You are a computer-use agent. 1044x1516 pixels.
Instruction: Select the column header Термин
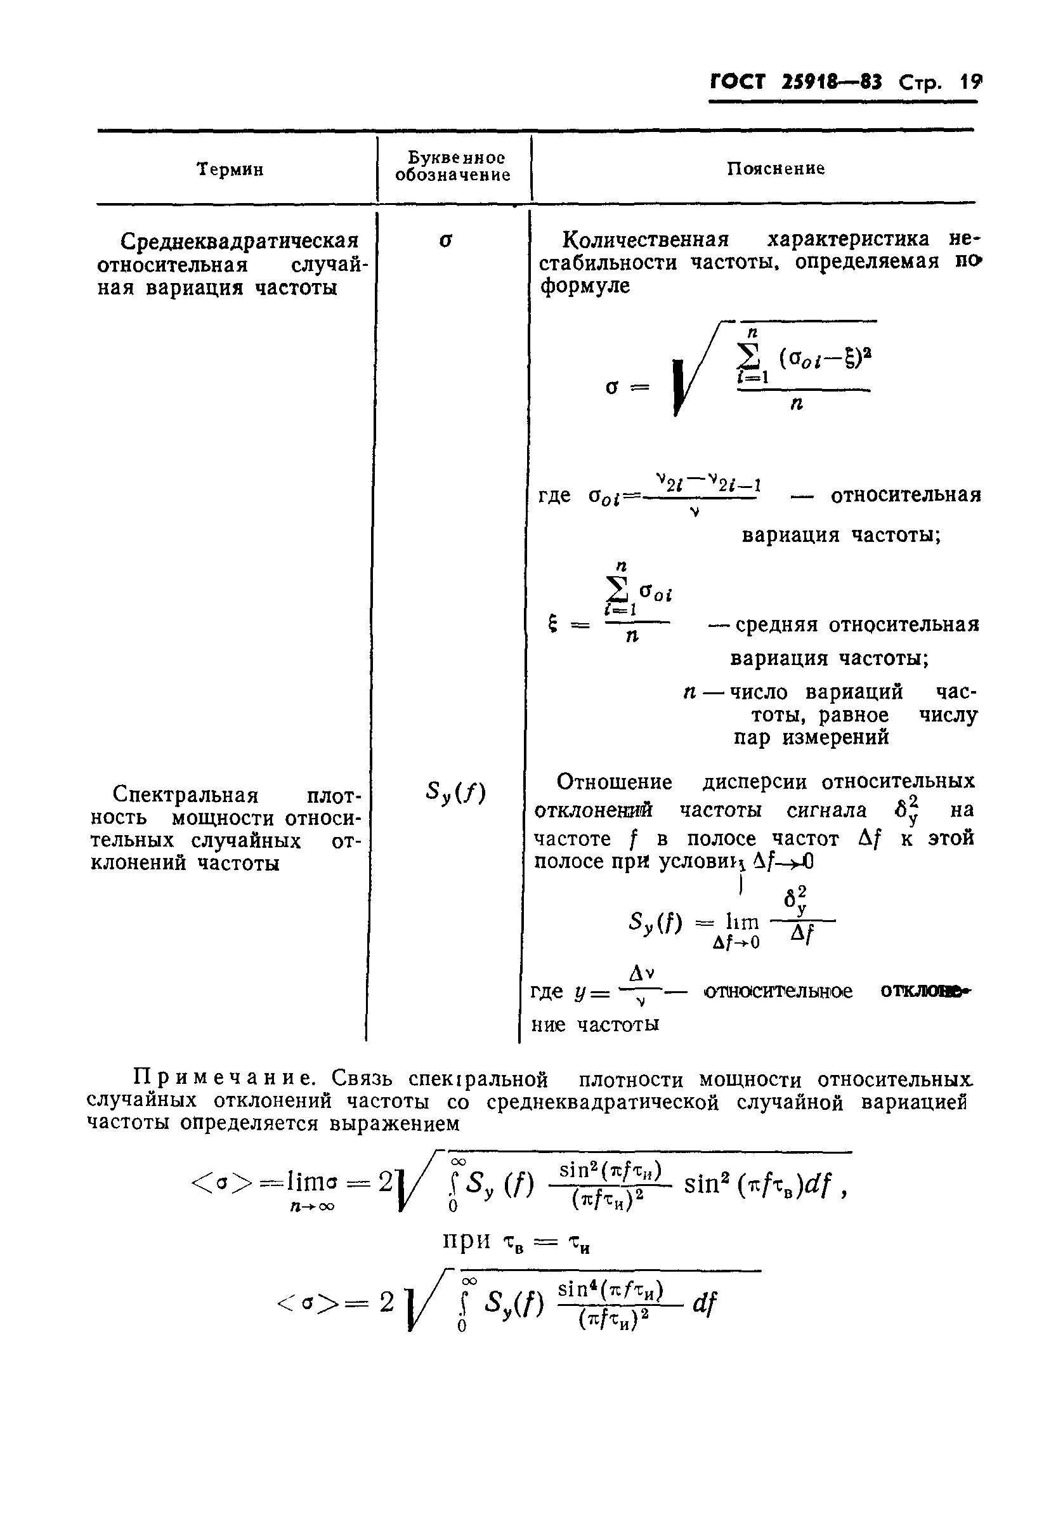[230, 169]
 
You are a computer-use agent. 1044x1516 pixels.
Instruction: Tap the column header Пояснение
[776, 169]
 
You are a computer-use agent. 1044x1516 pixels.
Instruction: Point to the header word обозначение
[453, 176]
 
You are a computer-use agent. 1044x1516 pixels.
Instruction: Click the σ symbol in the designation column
[445, 241]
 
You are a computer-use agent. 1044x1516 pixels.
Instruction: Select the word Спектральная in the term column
[185, 795]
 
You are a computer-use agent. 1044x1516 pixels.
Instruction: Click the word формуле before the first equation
[585, 286]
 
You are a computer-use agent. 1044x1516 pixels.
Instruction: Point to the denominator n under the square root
[796, 405]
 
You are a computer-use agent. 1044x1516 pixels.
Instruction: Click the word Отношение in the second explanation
[613, 782]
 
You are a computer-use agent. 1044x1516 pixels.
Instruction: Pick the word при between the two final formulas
[467, 1239]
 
